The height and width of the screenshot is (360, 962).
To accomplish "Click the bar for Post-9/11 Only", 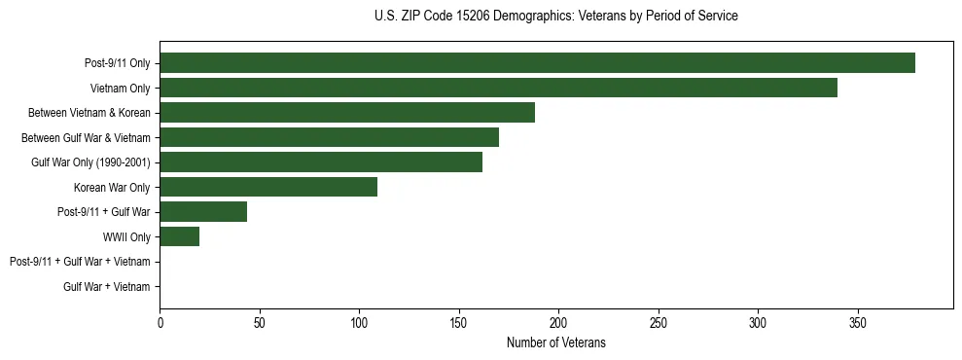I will point(537,62).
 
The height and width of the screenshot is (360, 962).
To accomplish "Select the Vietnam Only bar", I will point(498,88).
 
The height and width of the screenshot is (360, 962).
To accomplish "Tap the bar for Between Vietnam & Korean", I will point(347,113).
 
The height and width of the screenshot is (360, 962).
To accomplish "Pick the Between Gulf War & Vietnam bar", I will point(329,137).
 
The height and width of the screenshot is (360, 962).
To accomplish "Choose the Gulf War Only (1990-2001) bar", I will point(321,162).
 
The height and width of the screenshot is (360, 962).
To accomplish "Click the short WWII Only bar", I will point(180,236).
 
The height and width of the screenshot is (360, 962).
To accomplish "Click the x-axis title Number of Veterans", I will point(556,342).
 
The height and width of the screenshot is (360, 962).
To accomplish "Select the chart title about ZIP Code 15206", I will point(555,17).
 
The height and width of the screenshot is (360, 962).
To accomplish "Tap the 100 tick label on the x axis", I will point(359,321).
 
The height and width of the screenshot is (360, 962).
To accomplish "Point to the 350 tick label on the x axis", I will point(858,321).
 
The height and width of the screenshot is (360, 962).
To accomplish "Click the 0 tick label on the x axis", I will point(160,321).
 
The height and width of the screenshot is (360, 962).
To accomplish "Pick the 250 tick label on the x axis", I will point(659,321).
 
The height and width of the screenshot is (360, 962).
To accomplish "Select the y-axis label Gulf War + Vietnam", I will point(107,287).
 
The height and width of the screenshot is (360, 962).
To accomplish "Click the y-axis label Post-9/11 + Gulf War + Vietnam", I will point(80,262).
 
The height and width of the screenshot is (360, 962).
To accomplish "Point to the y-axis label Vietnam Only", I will point(120,89).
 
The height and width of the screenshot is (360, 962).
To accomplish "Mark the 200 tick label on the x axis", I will point(558,321).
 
